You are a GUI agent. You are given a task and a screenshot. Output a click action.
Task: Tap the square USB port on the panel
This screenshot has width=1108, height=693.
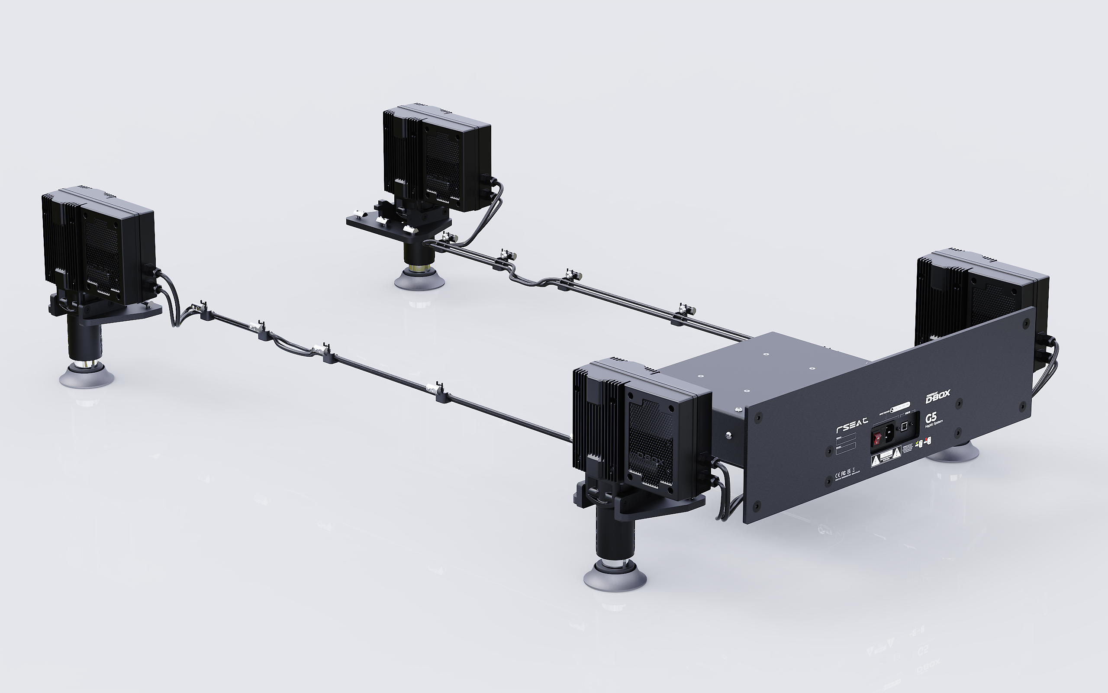click(904, 427)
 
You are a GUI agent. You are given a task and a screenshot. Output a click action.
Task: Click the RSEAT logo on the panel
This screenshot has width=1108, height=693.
click(852, 425)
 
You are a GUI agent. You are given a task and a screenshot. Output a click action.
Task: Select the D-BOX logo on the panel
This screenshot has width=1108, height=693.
click(937, 396)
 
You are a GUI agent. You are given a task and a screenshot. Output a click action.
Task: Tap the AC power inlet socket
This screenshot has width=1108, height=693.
click(889, 433)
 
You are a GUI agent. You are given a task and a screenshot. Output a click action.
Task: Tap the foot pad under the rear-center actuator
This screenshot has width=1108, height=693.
click(419, 279)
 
